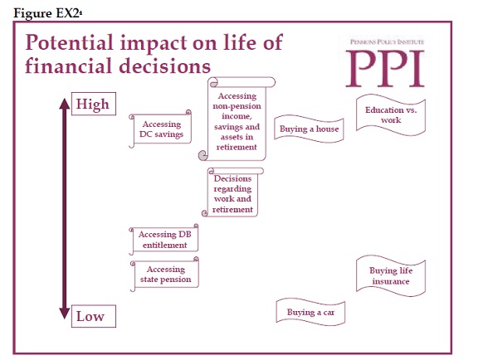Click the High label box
[x=94, y=104]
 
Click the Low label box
[x=94, y=316]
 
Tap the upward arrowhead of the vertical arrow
[x=65, y=104]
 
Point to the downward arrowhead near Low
[x=65, y=313]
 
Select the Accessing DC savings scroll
[x=160, y=129]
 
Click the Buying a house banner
[x=309, y=129]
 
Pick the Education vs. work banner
[x=391, y=115]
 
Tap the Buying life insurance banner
[x=391, y=276]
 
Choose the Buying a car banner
[x=310, y=312]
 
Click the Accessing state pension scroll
[x=164, y=275]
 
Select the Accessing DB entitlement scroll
[x=164, y=240]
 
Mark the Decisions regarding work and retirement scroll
[x=232, y=192]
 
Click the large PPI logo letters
[x=385, y=69]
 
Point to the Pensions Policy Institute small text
[x=387, y=41]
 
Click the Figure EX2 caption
[x=47, y=13]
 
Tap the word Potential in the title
[x=69, y=43]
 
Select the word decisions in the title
[x=164, y=66]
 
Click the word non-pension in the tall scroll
[x=237, y=106]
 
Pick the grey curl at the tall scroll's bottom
[x=203, y=156]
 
